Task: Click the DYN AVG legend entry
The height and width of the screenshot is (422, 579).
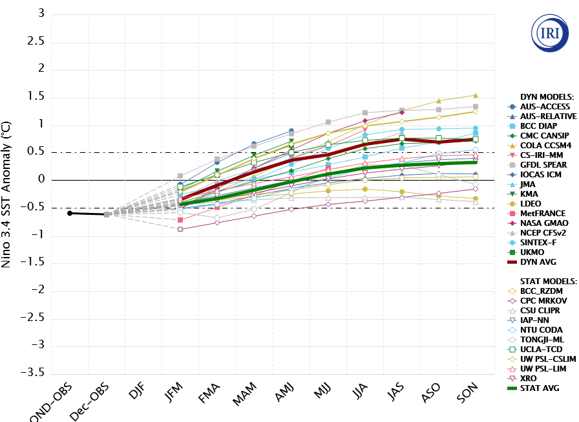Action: [x=539, y=262]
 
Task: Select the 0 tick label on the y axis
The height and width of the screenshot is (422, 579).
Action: [x=41, y=180]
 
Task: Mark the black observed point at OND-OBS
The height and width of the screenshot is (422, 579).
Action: [x=70, y=213]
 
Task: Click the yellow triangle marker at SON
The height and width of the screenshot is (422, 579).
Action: [x=476, y=96]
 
